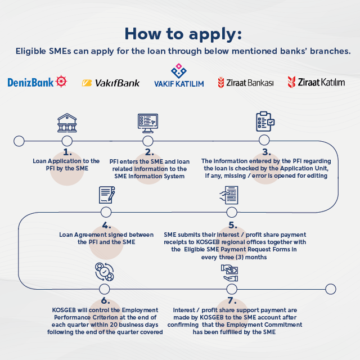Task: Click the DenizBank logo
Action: [x=37, y=83]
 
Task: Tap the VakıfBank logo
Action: [x=111, y=83]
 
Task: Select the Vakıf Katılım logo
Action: [x=179, y=78]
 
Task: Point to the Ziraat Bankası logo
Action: [x=246, y=83]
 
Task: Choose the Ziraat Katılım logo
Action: [x=316, y=82]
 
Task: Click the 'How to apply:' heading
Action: [x=183, y=33]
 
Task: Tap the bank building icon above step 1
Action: [x=67, y=122]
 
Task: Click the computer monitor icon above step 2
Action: [x=148, y=122]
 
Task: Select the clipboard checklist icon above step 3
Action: [x=264, y=121]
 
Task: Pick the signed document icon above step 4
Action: [x=107, y=195]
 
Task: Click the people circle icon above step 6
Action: [x=105, y=272]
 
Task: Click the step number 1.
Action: [x=67, y=152]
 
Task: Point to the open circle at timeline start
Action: [x=19, y=141]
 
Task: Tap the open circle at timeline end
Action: [x=331, y=289]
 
